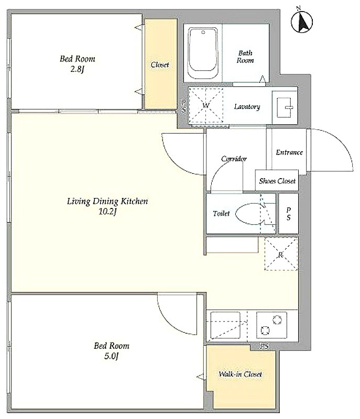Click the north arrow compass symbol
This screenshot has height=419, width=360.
click(302, 21)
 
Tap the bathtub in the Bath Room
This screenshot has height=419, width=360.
click(203, 53)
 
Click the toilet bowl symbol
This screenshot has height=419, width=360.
click(250, 214)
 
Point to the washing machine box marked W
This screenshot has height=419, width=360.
click(206, 105)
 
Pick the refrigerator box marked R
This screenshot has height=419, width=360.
click(281, 254)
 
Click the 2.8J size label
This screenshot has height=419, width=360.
click(77, 70)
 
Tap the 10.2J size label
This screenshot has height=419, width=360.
click(107, 212)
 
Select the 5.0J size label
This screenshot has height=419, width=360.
click(111, 356)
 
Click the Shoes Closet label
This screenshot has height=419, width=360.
click(277, 181)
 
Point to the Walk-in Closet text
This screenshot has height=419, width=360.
click(240, 374)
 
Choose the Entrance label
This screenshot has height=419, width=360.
click(289, 152)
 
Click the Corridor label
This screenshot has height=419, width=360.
click(234, 159)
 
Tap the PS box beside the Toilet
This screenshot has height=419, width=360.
click(288, 214)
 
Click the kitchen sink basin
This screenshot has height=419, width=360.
click(225, 325)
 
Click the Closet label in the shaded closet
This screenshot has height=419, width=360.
click(160, 64)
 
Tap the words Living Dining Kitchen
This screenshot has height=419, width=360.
click(107, 201)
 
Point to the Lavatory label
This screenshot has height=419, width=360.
click(247, 107)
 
